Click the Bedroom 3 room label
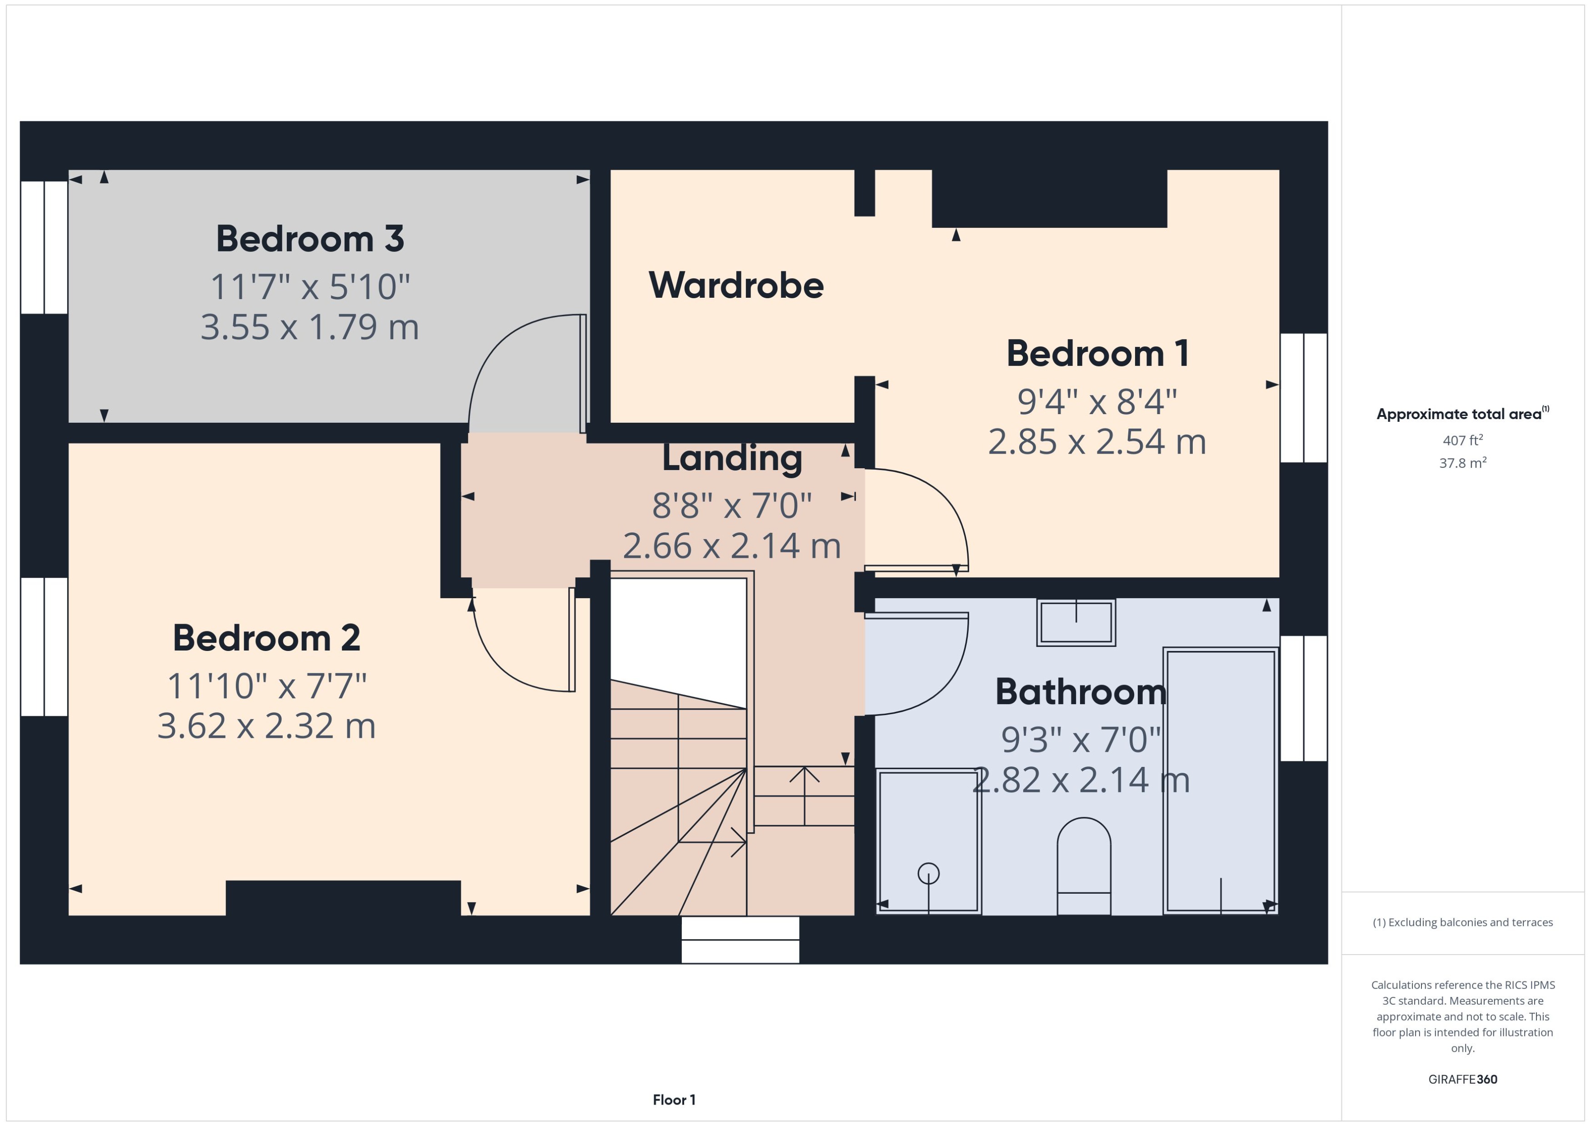coord(310,239)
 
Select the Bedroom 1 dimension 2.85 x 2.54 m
coord(1097,442)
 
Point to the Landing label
coord(732,458)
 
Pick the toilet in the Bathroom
coord(1084,867)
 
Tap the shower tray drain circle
coord(928,874)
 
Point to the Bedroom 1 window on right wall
coord(1303,397)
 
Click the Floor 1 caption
coord(674,1100)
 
